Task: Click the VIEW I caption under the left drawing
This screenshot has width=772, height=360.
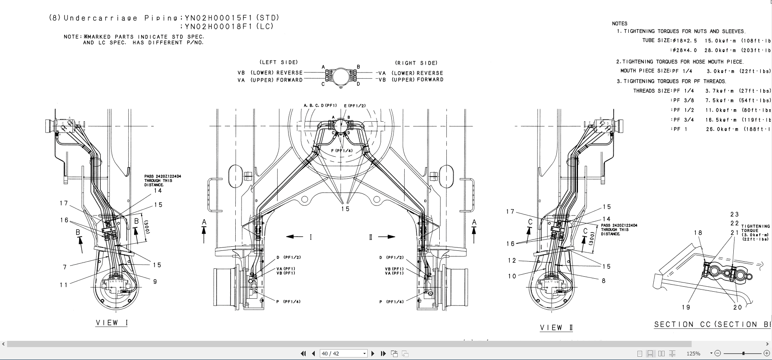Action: [x=112, y=323]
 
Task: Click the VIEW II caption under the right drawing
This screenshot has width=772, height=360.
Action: [x=556, y=328]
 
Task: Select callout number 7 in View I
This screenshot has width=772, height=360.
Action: [x=65, y=267]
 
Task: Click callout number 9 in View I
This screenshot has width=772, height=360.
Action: [x=155, y=282]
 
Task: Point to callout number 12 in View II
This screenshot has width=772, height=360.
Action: [x=512, y=261]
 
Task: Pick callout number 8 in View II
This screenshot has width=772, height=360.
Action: [x=603, y=281]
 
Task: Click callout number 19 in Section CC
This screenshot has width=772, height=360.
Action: [x=686, y=307]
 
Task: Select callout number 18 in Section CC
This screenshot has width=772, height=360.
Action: [x=698, y=233]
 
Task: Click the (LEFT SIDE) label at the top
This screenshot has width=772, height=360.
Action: [x=279, y=62]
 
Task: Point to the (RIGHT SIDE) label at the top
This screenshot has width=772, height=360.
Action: [x=416, y=63]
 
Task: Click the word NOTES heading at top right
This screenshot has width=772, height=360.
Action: [x=620, y=24]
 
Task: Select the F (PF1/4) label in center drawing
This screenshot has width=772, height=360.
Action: [x=342, y=151]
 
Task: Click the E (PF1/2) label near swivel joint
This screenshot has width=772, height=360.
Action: [x=355, y=106]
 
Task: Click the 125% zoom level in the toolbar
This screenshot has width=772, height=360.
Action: [x=693, y=353]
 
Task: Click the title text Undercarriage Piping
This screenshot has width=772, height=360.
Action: [x=121, y=18]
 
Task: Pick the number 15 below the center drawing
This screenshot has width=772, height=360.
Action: [x=345, y=209]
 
